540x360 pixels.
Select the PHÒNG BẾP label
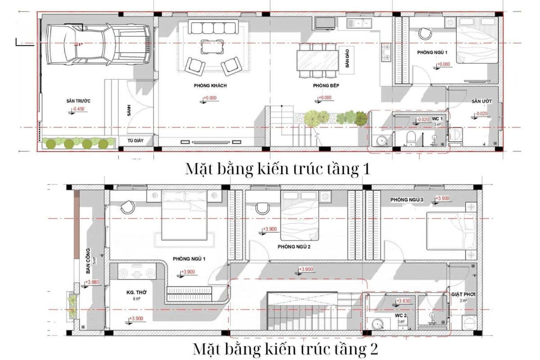(322, 85)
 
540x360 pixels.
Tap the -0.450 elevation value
(79, 109)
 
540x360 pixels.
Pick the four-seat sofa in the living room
(213, 28)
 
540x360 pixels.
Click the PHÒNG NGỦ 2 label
(294, 247)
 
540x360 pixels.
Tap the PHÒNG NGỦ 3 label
(407, 199)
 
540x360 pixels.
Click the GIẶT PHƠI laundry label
(463, 295)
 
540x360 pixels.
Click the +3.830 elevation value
(404, 301)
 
